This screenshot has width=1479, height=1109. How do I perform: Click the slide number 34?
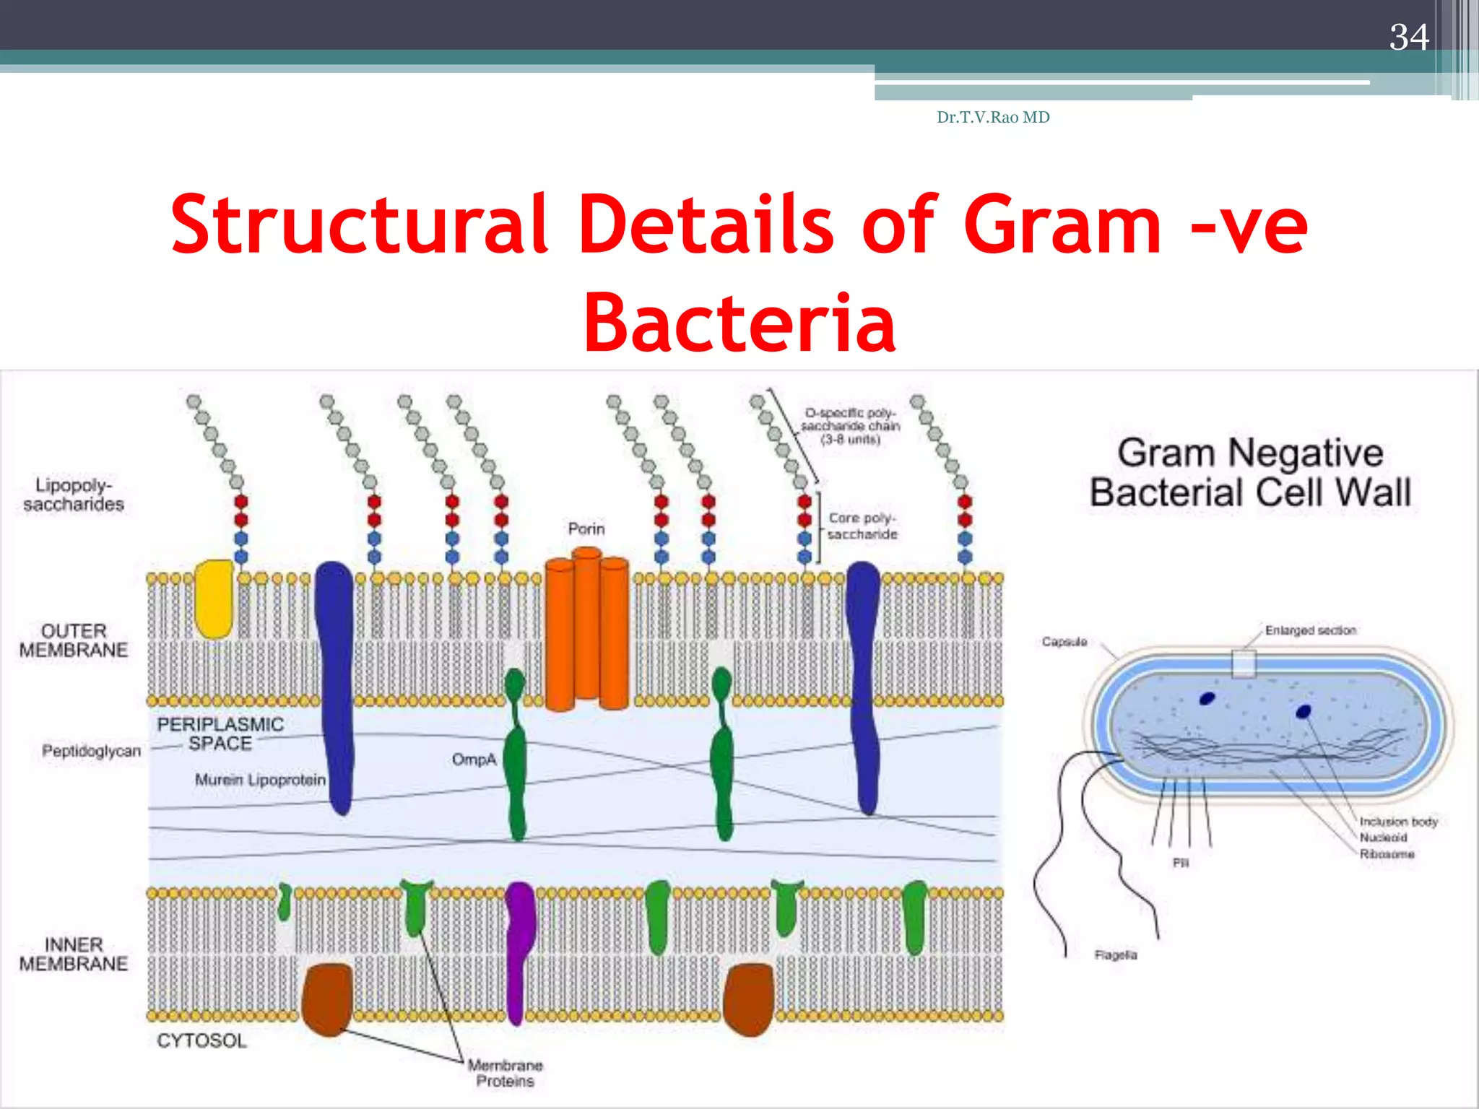point(1408,38)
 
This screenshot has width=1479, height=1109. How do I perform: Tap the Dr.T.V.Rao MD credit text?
point(993,117)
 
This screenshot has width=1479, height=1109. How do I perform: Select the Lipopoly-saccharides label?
point(73,495)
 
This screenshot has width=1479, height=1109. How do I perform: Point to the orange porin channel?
point(586,628)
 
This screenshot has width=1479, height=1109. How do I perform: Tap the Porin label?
point(586,529)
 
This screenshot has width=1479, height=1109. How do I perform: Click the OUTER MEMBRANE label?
point(73,640)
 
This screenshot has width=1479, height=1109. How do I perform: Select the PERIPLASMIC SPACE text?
point(220,734)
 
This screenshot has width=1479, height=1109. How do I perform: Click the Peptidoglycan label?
point(91,751)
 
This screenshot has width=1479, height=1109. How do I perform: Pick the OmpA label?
point(474,760)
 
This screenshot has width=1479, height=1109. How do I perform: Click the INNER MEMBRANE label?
point(73,954)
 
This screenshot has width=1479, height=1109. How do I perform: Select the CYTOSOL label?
point(201,1040)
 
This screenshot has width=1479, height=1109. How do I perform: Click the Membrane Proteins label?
point(505,1073)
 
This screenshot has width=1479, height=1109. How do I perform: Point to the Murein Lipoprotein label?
point(260,780)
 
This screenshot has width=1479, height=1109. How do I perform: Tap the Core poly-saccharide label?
point(862,526)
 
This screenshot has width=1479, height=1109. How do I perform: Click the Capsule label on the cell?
point(1064,642)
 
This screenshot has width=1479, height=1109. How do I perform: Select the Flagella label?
point(1115,954)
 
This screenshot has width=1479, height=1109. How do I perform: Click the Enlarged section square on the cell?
point(1244,664)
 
